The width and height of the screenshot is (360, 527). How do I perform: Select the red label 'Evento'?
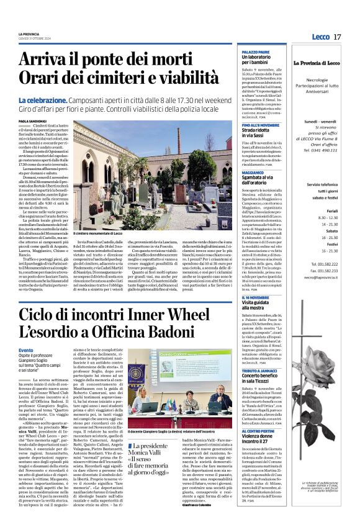point(26,350)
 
